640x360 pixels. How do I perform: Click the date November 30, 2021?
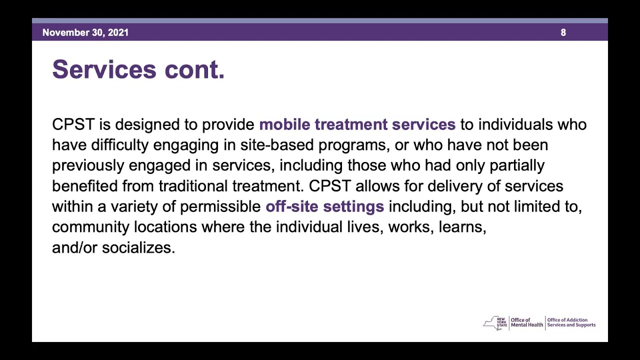[85, 32]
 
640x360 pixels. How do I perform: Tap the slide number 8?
[563, 32]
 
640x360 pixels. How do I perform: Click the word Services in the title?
[105, 69]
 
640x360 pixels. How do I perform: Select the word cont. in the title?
[194, 69]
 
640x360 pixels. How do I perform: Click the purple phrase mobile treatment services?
[357, 124]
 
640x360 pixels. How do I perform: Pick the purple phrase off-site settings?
[324, 206]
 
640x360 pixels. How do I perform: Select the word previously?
[88, 165]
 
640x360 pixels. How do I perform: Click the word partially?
[516, 165]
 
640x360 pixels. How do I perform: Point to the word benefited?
[84, 186]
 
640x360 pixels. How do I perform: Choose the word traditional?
[193, 186]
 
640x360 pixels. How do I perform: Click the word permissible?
[220, 206]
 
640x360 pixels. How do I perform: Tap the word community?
[90, 227]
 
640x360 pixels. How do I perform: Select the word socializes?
[138, 247]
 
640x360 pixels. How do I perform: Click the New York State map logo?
[495, 323]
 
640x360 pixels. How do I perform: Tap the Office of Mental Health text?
[526, 322]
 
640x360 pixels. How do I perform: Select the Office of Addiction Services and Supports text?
[571, 322]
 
